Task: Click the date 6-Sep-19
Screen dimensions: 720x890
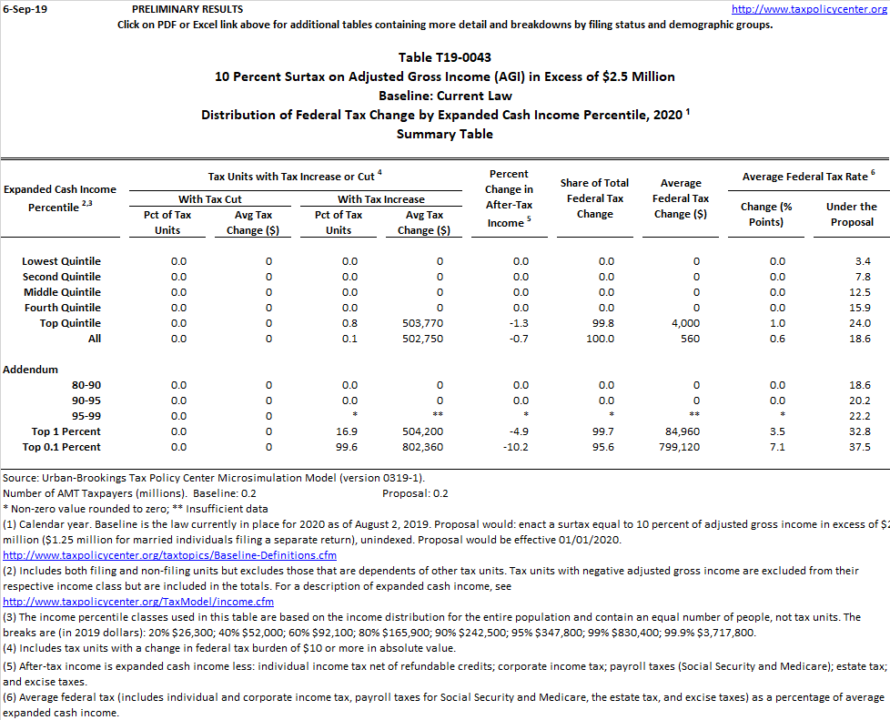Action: pyautogui.click(x=22, y=8)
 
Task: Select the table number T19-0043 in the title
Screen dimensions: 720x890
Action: pyautogui.click(x=445, y=58)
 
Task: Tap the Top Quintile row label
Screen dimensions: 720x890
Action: pyautogui.click(x=70, y=323)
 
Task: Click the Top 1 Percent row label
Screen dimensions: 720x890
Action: pyautogui.click(x=66, y=431)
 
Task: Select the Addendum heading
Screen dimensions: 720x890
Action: pyautogui.click(x=31, y=370)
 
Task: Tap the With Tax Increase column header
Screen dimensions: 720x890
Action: pyautogui.click(x=381, y=198)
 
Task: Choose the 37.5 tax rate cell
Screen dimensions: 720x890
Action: pyautogui.click(x=857, y=447)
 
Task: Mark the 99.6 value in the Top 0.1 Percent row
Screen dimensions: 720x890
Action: pyautogui.click(x=349, y=447)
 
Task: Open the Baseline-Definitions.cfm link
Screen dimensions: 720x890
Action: pyautogui.click(x=170, y=554)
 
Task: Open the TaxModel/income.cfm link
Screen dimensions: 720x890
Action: pyautogui.click(x=138, y=601)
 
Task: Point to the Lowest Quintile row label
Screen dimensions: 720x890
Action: pyautogui.click(x=62, y=261)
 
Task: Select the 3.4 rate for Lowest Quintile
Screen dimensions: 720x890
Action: pyautogui.click(x=862, y=261)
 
